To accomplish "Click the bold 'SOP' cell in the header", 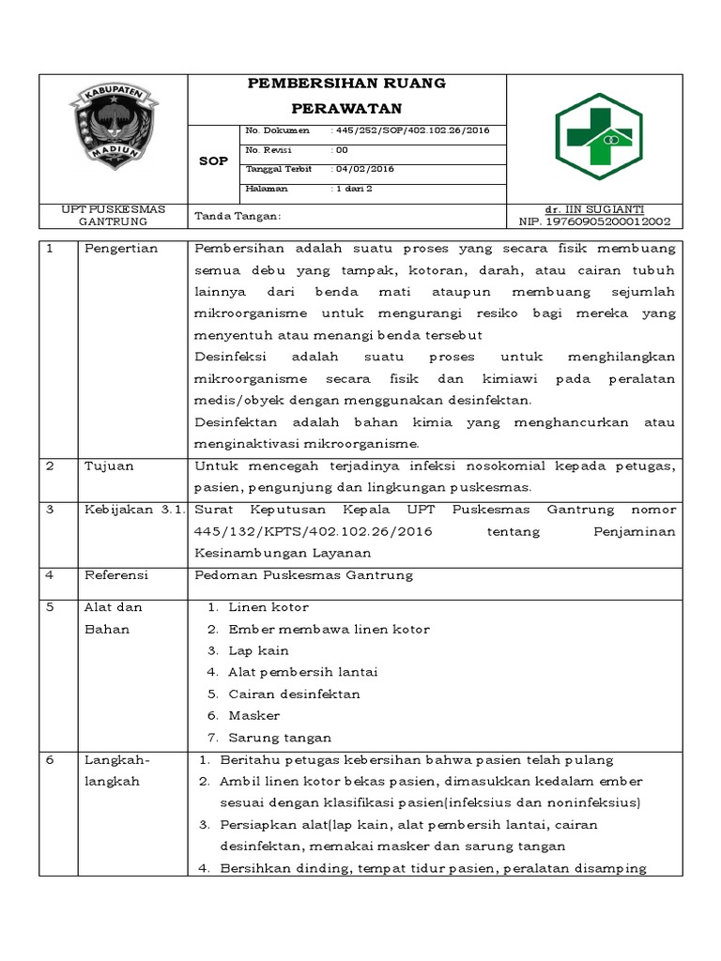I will point(214,161).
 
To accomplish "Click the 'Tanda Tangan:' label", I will point(238,217).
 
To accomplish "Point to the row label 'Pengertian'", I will point(121,249).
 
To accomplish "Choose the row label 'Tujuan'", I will point(109,465).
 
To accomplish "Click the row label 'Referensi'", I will point(116,574).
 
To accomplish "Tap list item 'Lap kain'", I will point(258,650).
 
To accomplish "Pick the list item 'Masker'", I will point(254,715).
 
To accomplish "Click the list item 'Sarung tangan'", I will point(280,738).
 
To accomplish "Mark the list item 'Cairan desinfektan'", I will point(294,694).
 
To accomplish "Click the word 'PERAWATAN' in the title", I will point(345,107).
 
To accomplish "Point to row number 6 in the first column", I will point(50,759).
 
